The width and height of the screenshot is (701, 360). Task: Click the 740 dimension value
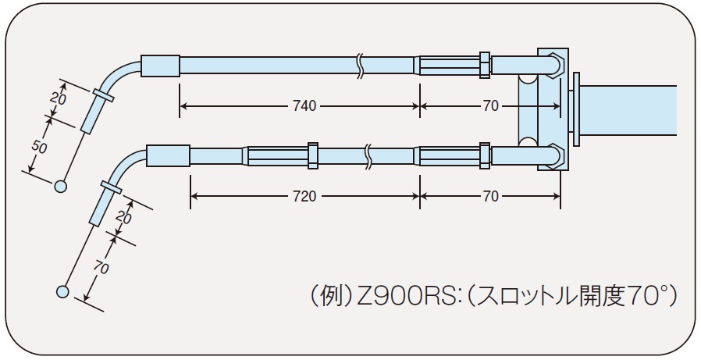coord(304,106)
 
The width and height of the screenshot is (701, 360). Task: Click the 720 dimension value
coord(304,196)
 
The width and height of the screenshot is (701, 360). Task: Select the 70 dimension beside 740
coord(490,106)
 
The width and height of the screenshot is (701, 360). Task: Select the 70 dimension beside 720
coord(490,196)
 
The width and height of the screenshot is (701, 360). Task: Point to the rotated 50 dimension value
coord(40,147)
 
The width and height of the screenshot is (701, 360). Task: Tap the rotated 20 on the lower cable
coord(123,218)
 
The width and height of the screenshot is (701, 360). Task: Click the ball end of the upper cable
coord(60,186)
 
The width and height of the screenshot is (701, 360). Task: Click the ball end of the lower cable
coord(63,291)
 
